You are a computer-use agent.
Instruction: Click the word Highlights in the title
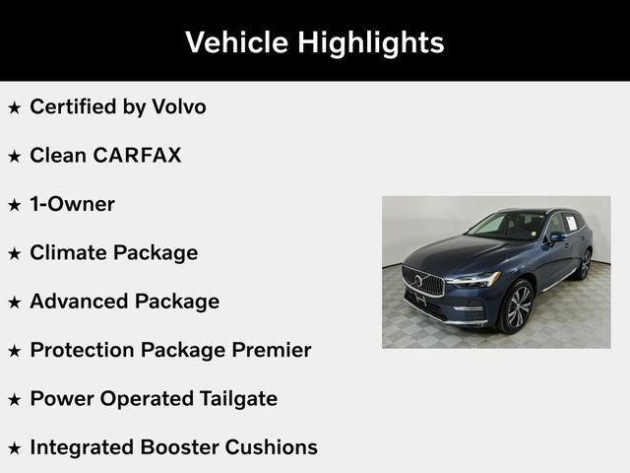click(x=376, y=42)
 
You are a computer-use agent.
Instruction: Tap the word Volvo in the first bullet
click(x=177, y=106)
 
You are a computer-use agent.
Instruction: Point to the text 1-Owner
click(x=72, y=204)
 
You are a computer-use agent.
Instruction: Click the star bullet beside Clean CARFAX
click(x=15, y=156)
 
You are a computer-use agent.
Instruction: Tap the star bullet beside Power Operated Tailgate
click(x=15, y=399)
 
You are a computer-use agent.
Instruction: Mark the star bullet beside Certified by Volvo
click(x=15, y=107)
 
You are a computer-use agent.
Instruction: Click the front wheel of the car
click(x=517, y=306)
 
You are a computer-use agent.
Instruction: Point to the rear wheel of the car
click(x=585, y=264)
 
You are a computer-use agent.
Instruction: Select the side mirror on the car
click(x=558, y=236)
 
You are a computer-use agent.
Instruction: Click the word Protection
click(x=82, y=350)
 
